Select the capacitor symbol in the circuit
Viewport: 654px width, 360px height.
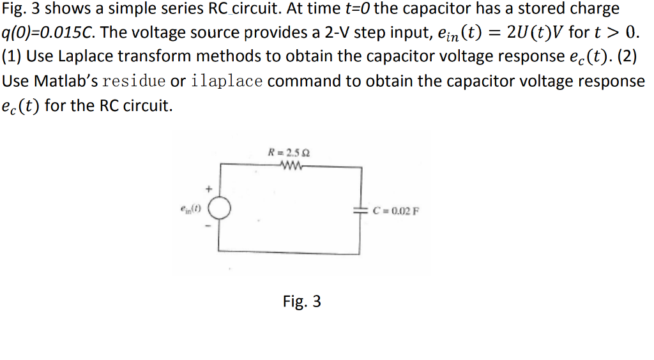coord(361,210)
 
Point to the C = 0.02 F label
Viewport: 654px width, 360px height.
coord(395,211)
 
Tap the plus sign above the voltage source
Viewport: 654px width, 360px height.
coord(208,190)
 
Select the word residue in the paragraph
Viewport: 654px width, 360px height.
coord(134,81)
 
